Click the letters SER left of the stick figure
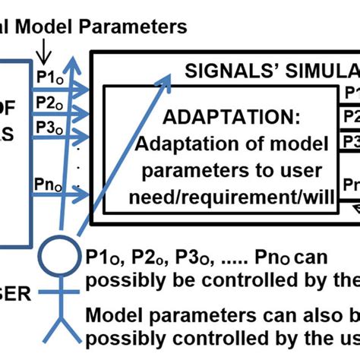14,293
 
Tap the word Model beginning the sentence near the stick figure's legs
113,314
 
